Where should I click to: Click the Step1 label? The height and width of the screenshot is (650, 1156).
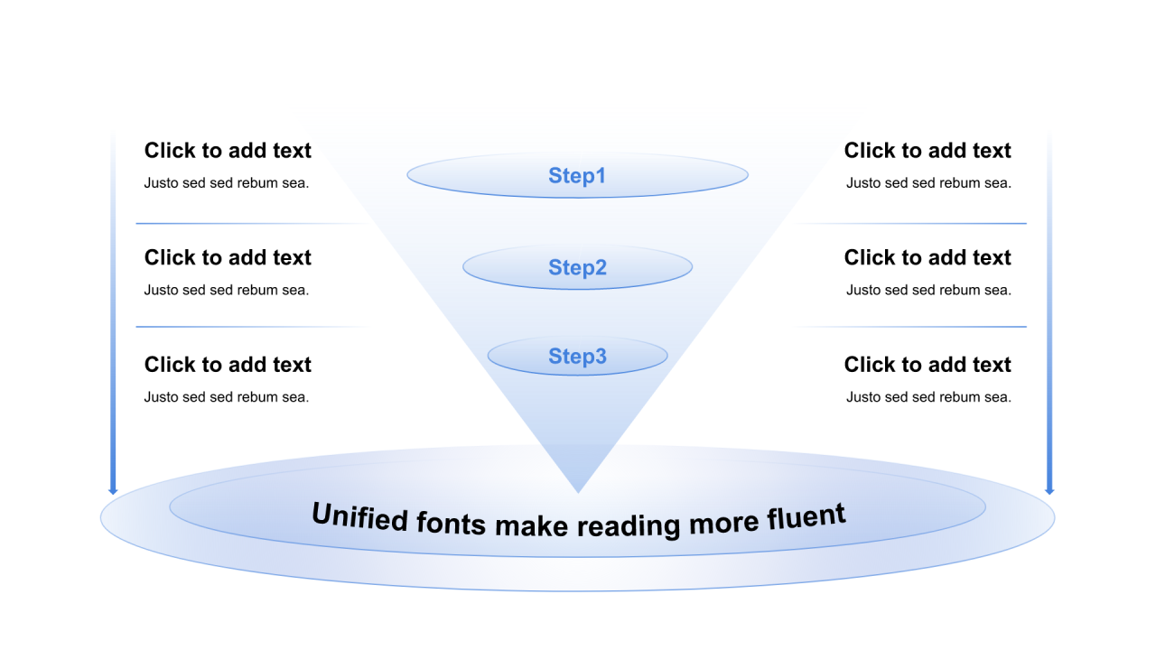(577, 175)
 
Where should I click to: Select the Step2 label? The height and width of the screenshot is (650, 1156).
(577, 267)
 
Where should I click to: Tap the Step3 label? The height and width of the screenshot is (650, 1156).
(577, 357)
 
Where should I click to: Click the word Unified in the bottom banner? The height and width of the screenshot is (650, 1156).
(359, 516)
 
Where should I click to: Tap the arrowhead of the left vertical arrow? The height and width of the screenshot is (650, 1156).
(113, 490)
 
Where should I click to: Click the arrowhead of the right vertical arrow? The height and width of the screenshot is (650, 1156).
(1049, 490)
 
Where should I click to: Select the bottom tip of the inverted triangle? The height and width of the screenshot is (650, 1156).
(578, 490)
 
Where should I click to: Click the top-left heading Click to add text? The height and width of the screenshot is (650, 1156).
(228, 151)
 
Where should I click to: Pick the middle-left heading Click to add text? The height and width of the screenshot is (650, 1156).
(228, 257)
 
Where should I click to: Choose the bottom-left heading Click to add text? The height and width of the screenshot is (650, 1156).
(228, 365)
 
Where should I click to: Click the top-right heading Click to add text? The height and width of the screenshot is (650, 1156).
(928, 151)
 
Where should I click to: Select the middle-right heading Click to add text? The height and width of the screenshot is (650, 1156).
(928, 257)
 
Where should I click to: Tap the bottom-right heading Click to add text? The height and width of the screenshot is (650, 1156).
(928, 365)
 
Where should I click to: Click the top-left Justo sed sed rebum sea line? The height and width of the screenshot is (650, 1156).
(227, 183)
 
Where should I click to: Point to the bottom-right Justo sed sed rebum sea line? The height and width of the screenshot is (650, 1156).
(928, 397)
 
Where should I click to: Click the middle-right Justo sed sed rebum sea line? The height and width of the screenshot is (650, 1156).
(928, 290)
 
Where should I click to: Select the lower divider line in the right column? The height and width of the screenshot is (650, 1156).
(921, 327)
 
